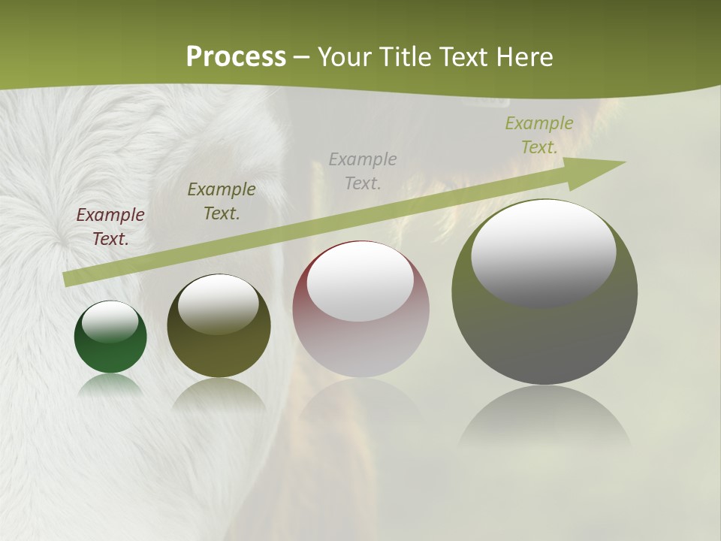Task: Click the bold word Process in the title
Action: [236, 57]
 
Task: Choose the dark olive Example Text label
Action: [221, 201]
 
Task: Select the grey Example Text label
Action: [363, 171]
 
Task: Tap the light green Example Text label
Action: [538, 135]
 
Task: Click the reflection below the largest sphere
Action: [545, 418]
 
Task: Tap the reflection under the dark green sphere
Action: [110, 385]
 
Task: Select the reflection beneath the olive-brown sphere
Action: [219, 394]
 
